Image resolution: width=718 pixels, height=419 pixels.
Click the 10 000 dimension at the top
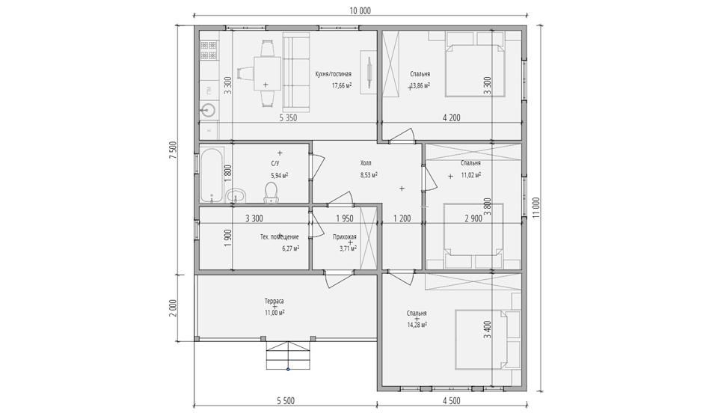pyautogui.click(x=360, y=11)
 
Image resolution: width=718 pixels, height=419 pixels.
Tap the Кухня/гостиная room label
pyautogui.click(x=334, y=74)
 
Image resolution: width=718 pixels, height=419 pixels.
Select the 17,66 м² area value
pyautogui.click(x=342, y=85)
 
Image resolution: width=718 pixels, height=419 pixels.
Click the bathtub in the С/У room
pyautogui.click(x=212, y=174)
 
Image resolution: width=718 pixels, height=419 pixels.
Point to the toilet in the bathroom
pyautogui.click(x=271, y=192)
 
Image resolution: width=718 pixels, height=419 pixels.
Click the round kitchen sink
pyautogui.click(x=209, y=110)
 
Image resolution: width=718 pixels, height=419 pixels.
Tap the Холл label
pyautogui.click(x=366, y=163)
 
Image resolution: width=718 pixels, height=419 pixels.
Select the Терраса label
pyautogui.click(x=274, y=302)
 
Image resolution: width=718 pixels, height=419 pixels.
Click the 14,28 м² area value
pyautogui.click(x=417, y=324)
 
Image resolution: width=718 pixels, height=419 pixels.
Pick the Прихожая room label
pyautogui.click(x=345, y=237)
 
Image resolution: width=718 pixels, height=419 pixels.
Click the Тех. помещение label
pyautogui.click(x=279, y=237)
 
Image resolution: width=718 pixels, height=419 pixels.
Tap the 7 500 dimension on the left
pyautogui.click(x=173, y=150)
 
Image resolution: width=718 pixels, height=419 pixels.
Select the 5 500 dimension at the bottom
pyautogui.click(x=286, y=401)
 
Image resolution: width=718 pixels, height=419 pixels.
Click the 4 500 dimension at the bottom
pyautogui.click(x=452, y=401)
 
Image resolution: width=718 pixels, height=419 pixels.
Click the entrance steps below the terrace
pyautogui.click(x=288, y=355)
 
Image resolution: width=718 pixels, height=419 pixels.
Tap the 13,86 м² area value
pyautogui.click(x=420, y=85)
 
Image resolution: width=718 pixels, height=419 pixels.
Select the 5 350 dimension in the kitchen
pyautogui.click(x=289, y=117)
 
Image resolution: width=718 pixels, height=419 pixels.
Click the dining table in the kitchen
pyautogui.click(x=268, y=74)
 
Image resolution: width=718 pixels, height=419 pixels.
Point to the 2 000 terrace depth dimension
pyautogui.click(x=173, y=308)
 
